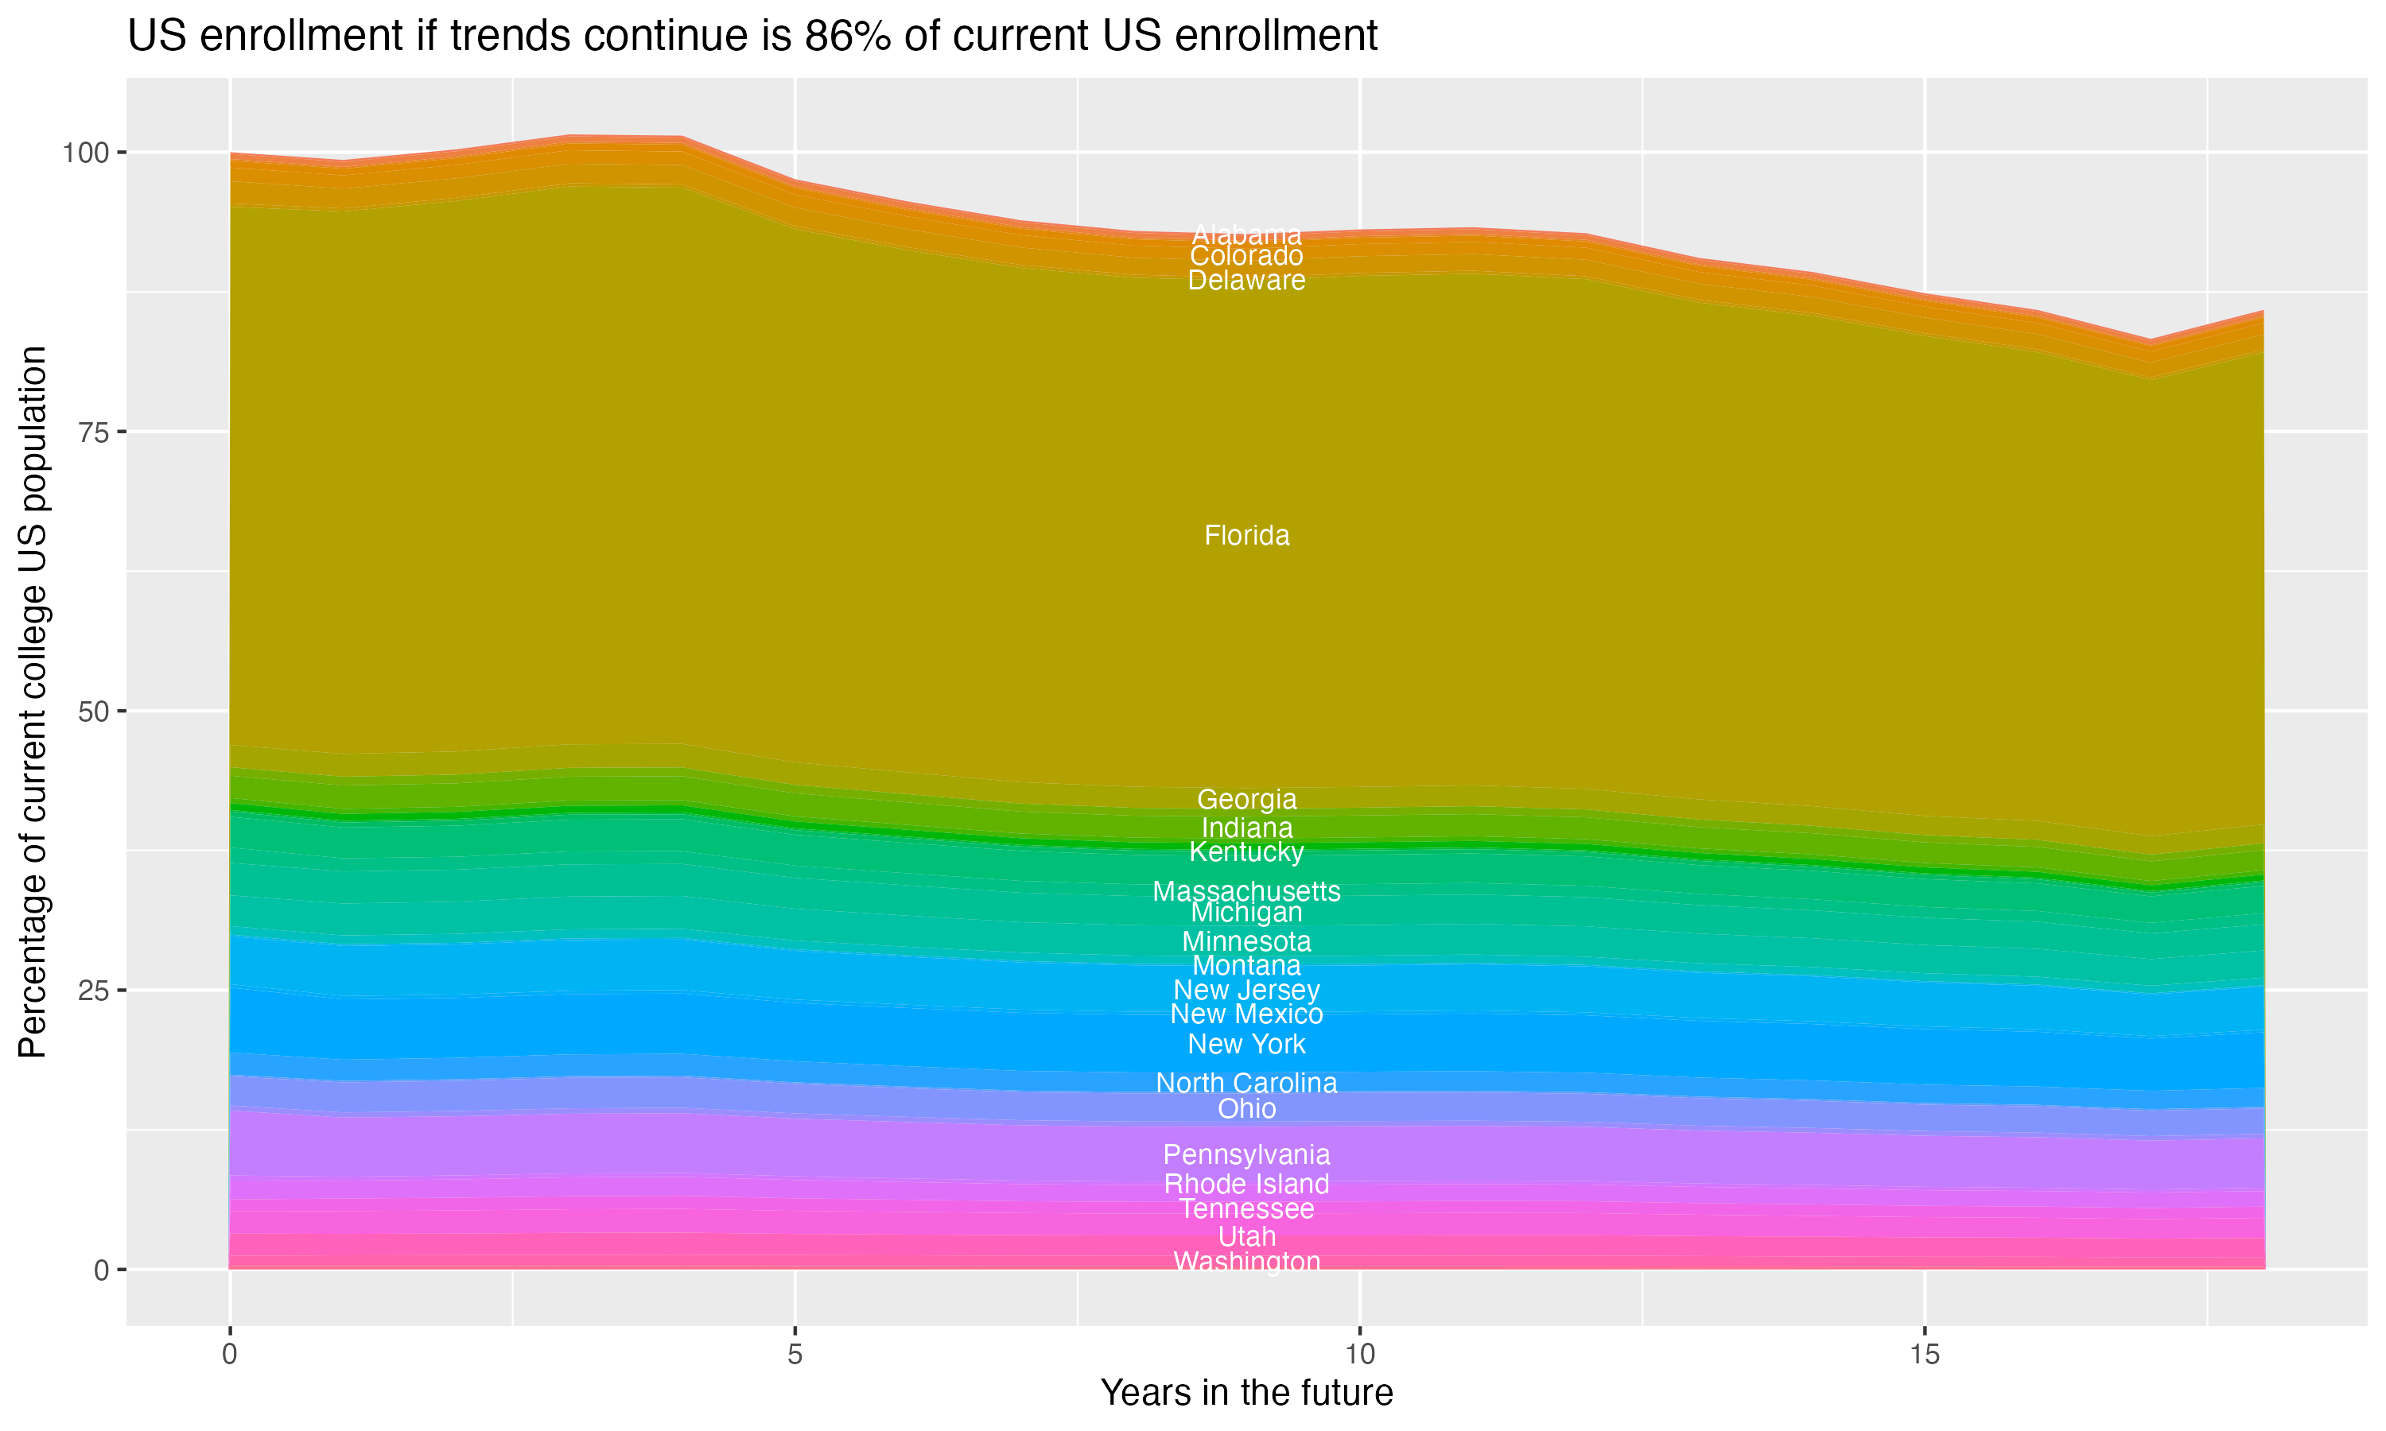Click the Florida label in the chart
point(1246,535)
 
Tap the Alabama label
point(1246,235)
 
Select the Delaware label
point(1246,281)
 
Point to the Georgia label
point(1246,800)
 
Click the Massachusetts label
point(1246,891)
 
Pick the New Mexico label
point(1246,1014)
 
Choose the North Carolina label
point(1246,1083)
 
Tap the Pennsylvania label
point(1246,1154)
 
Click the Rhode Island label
point(1246,1184)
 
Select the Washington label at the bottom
point(1246,1262)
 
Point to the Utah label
point(1246,1236)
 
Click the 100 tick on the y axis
point(87,153)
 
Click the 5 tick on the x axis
point(795,1355)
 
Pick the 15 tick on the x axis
point(1924,1355)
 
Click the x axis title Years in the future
point(1246,1392)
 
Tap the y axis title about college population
point(33,701)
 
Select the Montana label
point(1246,965)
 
